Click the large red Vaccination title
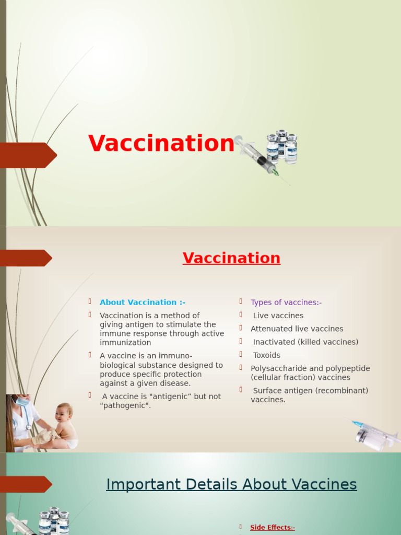pos(161,144)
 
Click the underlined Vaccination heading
pos(231,258)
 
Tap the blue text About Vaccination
pos(142,303)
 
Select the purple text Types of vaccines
pos(286,303)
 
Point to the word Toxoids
pos(267,355)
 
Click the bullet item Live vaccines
pos(278,316)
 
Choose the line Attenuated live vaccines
pos(297,329)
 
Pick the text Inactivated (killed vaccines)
pos(305,342)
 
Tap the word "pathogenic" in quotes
pos(125,405)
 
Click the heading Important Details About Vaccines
pos(231,484)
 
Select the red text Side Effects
pos(272,528)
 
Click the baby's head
pos(64,413)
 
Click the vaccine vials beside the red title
pos(282,146)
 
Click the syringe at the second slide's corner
pos(373,433)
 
